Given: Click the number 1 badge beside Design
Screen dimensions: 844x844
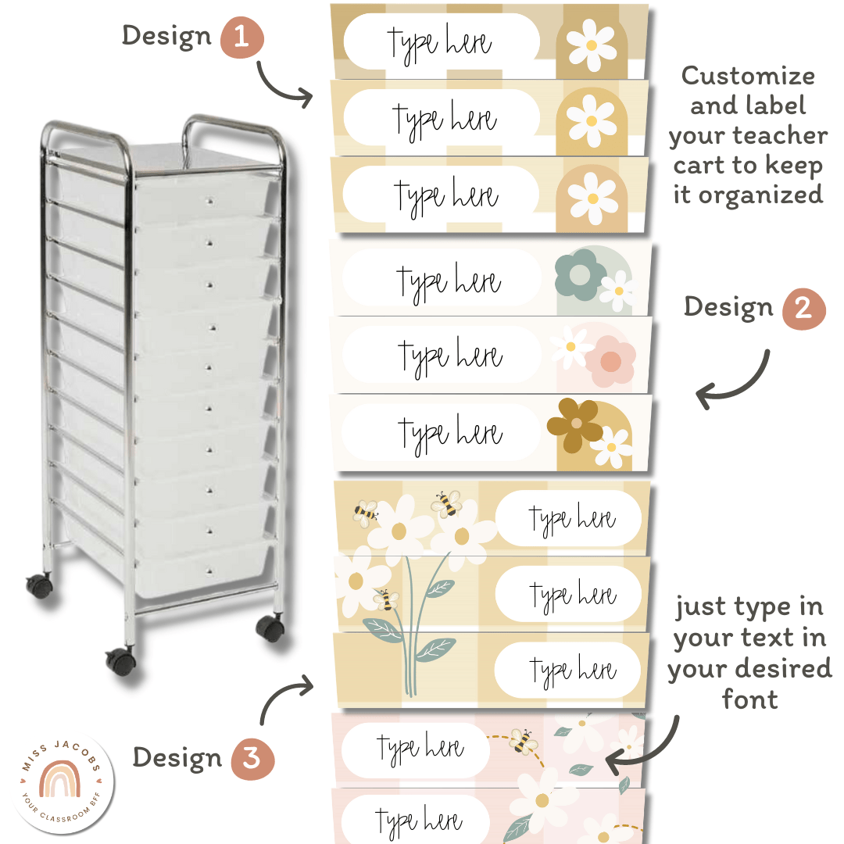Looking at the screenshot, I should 241,38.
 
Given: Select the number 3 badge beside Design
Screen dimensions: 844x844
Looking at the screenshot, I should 252,758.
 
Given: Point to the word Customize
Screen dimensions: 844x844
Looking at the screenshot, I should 748,76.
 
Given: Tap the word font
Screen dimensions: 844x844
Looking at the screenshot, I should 749,699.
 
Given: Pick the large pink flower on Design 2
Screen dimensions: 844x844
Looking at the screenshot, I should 610,360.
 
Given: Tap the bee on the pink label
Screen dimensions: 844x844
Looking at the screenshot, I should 522,740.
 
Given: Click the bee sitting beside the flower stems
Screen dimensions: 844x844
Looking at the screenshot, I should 386,600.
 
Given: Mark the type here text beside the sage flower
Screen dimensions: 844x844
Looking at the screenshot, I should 448,281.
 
